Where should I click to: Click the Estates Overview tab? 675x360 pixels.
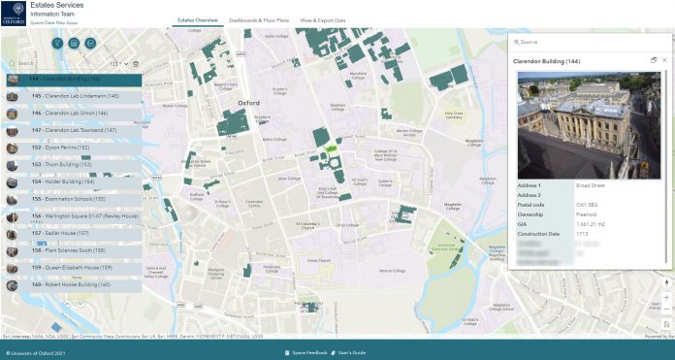pyautogui.click(x=197, y=19)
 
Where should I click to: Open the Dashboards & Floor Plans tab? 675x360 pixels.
pyautogui.click(x=259, y=19)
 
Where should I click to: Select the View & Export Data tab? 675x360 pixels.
pyautogui.click(x=322, y=19)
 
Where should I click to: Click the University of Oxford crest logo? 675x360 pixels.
pyautogui.click(x=14, y=13)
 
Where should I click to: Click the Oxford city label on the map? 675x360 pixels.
pyautogui.click(x=249, y=102)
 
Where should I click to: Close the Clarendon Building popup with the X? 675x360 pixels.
pyautogui.click(x=664, y=60)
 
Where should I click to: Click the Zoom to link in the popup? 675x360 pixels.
pyautogui.click(x=529, y=43)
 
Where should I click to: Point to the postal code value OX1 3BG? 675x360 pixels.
pyautogui.click(x=588, y=203)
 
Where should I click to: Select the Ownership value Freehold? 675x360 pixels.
pyautogui.click(x=587, y=213)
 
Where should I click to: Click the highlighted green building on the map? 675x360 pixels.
pyautogui.click(x=332, y=149)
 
